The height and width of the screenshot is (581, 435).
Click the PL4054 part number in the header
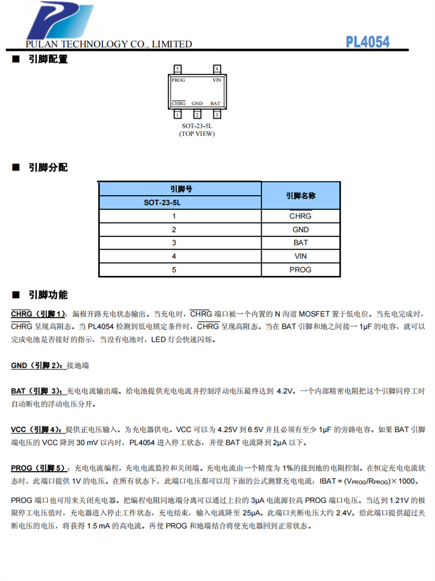click(x=368, y=42)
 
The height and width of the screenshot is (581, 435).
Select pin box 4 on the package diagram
click(x=217, y=69)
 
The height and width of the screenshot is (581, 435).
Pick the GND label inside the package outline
click(x=197, y=103)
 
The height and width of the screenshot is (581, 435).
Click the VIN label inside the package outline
click(x=217, y=80)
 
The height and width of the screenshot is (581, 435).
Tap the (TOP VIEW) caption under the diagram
click(x=197, y=134)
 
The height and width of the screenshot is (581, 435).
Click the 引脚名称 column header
click(x=300, y=196)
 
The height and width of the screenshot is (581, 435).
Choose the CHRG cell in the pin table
click(x=300, y=216)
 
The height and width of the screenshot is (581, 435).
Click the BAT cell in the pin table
click(x=300, y=243)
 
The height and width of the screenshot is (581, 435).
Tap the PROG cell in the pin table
click(x=300, y=270)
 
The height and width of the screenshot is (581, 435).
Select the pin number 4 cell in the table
click(x=173, y=256)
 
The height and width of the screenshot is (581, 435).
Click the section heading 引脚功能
click(x=48, y=295)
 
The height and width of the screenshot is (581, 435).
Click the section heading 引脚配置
click(x=48, y=59)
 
